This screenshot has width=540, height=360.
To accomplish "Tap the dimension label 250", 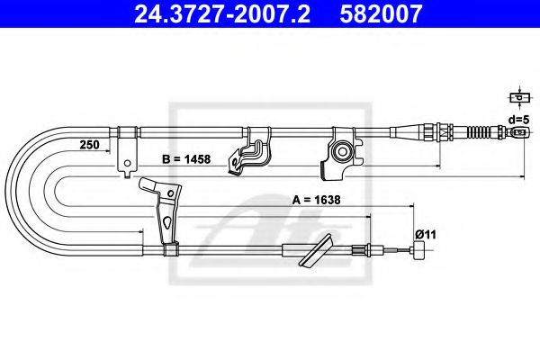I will coord(89,145).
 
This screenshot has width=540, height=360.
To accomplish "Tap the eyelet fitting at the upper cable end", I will coord(518,134).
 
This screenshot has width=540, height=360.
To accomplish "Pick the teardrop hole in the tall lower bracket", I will coord(166,222).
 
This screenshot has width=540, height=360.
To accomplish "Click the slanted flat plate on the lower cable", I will coord(316,252).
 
